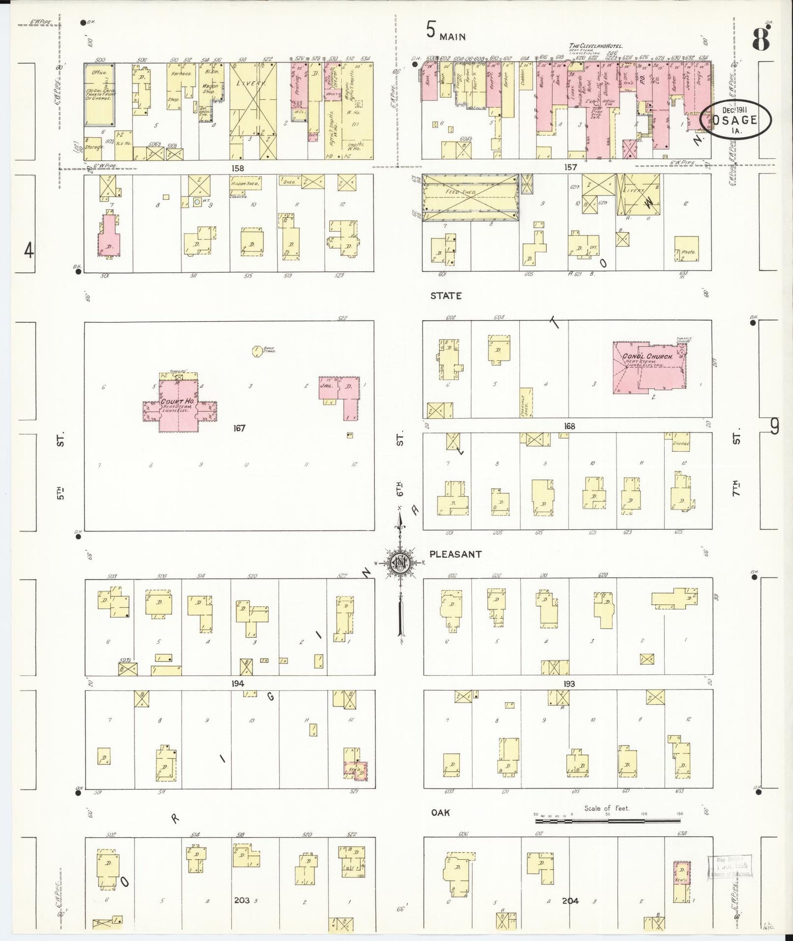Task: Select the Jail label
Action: click(x=328, y=385)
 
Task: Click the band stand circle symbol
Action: click(x=256, y=350)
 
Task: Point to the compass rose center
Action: click(x=400, y=563)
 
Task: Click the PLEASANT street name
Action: click(x=455, y=554)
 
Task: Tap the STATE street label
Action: click(x=446, y=296)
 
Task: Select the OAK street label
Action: click(x=440, y=812)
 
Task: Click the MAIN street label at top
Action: click(x=453, y=37)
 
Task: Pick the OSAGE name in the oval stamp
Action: click(x=738, y=120)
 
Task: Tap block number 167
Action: click(x=239, y=428)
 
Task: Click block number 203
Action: click(x=241, y=900)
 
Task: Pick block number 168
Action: click(x=569, y=426)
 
